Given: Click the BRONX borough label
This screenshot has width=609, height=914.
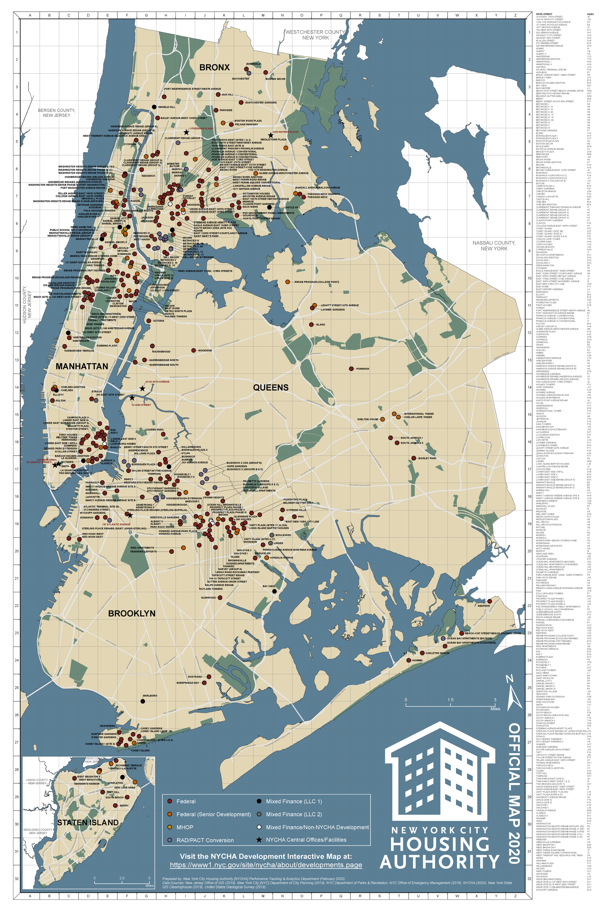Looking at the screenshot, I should pos(214,67).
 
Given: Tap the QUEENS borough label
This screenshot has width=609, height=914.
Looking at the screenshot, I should pos(271,388).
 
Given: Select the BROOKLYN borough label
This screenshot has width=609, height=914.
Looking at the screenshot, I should pos(132,613).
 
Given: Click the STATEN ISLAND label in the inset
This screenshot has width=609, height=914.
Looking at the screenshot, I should pos(88,822).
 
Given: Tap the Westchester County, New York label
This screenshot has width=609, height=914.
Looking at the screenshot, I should pos(315,35).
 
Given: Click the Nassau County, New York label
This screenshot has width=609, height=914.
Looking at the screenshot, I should pos(494,246).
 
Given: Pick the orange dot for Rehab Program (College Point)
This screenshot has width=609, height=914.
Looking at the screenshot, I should pos(287,282).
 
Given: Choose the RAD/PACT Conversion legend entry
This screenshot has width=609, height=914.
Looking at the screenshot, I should pos(205,840).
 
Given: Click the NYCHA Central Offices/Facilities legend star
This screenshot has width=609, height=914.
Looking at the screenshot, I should pos(259,840).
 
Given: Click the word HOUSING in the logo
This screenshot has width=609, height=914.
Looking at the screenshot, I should pos(440,845).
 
